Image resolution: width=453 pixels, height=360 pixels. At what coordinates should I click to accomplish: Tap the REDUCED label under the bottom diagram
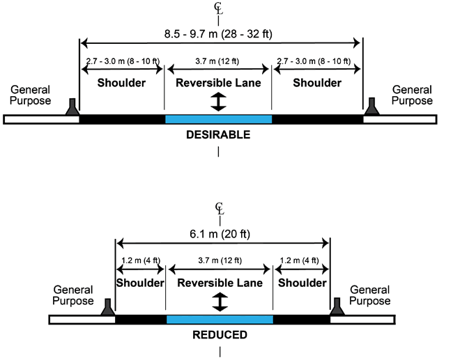220,335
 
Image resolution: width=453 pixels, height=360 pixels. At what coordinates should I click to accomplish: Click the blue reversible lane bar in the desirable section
218,119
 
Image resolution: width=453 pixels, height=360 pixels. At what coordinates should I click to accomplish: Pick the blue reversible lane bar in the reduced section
220,320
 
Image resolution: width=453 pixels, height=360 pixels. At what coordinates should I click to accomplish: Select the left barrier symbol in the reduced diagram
107,307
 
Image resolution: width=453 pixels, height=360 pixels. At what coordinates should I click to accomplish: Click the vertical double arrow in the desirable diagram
219,102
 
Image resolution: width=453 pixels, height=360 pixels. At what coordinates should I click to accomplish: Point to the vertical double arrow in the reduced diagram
220,302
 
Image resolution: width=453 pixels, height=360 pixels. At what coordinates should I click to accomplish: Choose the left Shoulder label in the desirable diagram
121,83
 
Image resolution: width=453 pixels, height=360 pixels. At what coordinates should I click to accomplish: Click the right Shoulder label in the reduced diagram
301,283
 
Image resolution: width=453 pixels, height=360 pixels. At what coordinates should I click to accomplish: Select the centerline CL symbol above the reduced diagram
220,208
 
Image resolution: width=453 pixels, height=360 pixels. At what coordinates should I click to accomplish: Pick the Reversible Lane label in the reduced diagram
220,283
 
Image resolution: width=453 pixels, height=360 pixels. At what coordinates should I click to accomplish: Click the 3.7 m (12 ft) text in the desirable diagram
218,62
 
